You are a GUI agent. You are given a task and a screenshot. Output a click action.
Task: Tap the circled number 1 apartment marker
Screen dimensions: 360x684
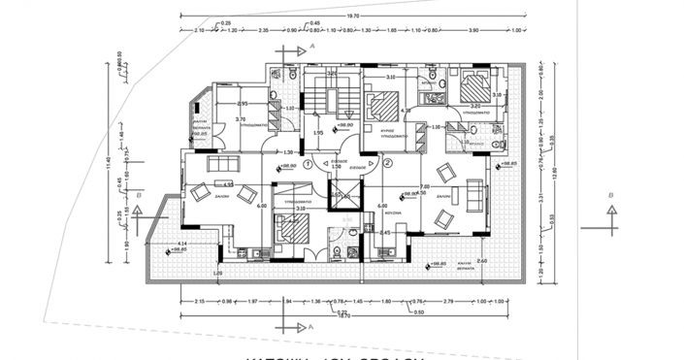click(x=308, y=164)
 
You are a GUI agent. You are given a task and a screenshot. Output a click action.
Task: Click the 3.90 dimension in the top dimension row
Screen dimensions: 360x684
click(x=472, y=31)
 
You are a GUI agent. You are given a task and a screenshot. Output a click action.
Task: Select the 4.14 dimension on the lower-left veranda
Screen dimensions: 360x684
click(x=181, y=244)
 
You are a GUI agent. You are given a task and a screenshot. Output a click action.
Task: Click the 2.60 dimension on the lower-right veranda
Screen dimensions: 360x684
click(x=482, y=261)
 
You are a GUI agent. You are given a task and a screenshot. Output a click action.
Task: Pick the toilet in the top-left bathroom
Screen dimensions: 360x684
click(x=292, y=75)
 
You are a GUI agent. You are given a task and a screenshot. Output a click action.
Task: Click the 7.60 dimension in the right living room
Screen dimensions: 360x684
click(x=424, y=186)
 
